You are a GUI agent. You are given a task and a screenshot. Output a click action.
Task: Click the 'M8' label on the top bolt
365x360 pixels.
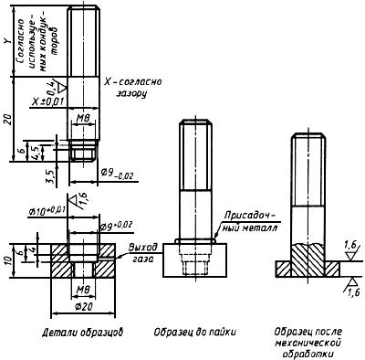[x=82, y=119]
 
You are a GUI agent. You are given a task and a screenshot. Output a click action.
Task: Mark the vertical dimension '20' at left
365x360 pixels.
[x=8, y=120]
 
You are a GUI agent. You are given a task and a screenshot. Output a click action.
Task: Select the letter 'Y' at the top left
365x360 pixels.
[x=8, y=40]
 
